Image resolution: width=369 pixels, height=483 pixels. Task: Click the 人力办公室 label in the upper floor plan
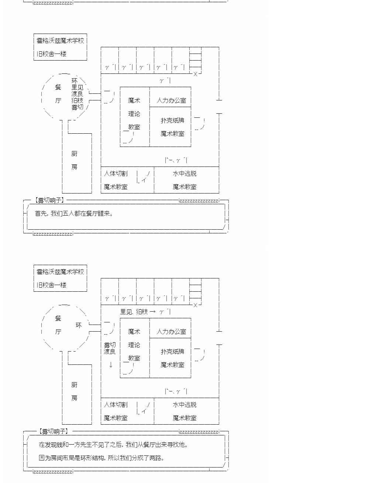pyautogui.click(x=171, y=100)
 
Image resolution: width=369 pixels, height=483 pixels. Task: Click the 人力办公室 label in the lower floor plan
pyautogui.click(x=171, y=332)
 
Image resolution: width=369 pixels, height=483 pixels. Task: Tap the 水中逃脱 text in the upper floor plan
pyautogui.click(x=184, y=174)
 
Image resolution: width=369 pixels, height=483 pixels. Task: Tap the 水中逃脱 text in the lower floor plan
pyautogui.click(x=184, y=405)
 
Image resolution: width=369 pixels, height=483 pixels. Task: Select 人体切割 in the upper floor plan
pyautogui.click(x=115, y=174)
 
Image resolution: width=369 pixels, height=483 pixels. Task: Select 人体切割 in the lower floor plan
pyautogui.click(x=115, y=405)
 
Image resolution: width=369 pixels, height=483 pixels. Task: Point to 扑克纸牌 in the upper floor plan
pyautogui.click(x=172, y=120)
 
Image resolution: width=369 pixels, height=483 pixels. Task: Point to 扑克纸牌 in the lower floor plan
pyautogui.click(x=172, y=352)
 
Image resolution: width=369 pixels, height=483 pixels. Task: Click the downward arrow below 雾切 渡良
pyautogui.click(x=110, y=364)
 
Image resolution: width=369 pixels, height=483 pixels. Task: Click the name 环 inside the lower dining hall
pyautogui.click(x=79, y=325)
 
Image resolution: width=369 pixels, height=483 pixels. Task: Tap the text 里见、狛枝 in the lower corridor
pyautogui.click(x=134, y=312)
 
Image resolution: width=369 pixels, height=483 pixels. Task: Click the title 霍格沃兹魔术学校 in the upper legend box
pyautogui.click(x=60, y=41)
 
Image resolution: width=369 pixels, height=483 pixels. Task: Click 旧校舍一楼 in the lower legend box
pyautogui.click(x=51, y=285)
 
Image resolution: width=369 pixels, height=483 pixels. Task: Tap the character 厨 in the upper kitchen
pyautogui.click(x=75, y=154)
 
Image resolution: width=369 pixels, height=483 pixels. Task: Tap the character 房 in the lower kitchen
pyautogui.click(x=75, y=398)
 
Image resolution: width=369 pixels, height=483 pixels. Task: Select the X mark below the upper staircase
pyautogui.click(x=196, y=74)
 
